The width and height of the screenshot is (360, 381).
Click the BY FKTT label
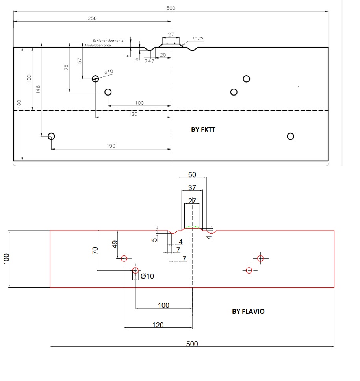(203, 129)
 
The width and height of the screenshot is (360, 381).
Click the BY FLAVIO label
(248, 311)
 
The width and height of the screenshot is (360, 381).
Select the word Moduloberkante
(98, 45)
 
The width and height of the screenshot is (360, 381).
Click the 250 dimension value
(92, 18)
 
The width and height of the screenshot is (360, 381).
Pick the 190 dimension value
(111, 146)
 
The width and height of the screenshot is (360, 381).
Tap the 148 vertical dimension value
(38, 90)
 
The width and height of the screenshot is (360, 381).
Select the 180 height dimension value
(19, 104)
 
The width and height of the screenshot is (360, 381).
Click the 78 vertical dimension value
(66, 68)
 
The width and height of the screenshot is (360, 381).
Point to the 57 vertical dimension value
(80, 61)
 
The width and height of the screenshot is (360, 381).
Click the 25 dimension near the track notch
(163, 55)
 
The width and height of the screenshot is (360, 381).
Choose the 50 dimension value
(192, 174)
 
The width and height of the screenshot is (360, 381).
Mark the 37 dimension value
(192, 188)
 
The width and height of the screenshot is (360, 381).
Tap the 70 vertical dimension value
(95, 250)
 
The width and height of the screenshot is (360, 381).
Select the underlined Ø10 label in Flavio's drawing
(147, 276)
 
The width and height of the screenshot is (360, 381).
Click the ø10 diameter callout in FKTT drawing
(109, 72)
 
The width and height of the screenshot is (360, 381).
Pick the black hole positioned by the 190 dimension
(51, 136)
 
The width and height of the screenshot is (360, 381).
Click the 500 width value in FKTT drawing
(171, 8)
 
